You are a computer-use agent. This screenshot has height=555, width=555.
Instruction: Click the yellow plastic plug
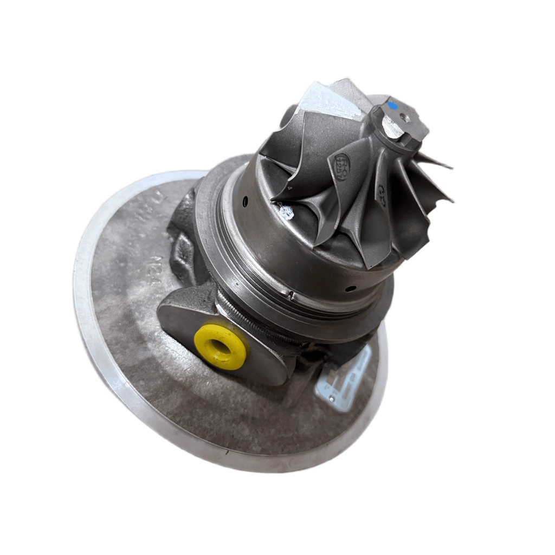tap(220, 347)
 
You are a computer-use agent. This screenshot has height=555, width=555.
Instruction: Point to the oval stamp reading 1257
tap(342, 161)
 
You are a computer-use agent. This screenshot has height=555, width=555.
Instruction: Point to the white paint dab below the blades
tap(286, 212)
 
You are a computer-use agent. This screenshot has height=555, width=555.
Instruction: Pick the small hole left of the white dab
tap(245, 202)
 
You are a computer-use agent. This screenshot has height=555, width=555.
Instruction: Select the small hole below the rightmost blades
tap(353, 288)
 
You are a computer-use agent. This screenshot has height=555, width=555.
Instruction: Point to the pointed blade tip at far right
tap(450, 200)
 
